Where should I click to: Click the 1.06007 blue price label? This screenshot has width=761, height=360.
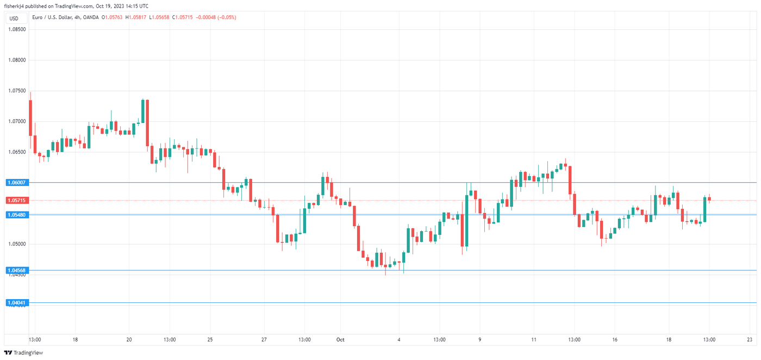coord(16,183)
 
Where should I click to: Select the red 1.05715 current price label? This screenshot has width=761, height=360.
coord(16,200)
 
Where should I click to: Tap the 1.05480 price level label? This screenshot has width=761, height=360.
coord(16,215)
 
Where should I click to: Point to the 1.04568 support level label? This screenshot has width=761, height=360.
coord(16,270)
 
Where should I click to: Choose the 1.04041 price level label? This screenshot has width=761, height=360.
coord(16,302)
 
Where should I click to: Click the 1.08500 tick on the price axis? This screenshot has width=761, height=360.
coord(16,29)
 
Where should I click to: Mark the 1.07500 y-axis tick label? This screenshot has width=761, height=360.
coord(16,91)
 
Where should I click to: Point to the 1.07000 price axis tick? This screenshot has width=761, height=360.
coord(16,121)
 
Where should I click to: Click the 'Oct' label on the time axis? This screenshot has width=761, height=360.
coord(340,340)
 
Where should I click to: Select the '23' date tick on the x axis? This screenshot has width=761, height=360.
coord(749,340)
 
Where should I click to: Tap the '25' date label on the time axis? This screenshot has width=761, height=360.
coord(210,340)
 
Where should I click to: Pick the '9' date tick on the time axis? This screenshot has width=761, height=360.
coord(480,340)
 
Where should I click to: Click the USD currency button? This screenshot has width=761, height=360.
coord(14,18)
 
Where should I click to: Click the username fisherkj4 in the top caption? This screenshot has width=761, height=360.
coord(15,6)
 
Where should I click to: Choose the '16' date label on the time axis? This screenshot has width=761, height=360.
coord(615,340)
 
